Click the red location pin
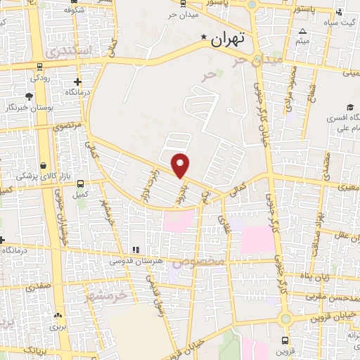[x=181, y=165]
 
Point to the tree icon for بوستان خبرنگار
[x=29, y=96]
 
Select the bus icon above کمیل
[x=81, y=181]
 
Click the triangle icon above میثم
[x=302, y=31]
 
